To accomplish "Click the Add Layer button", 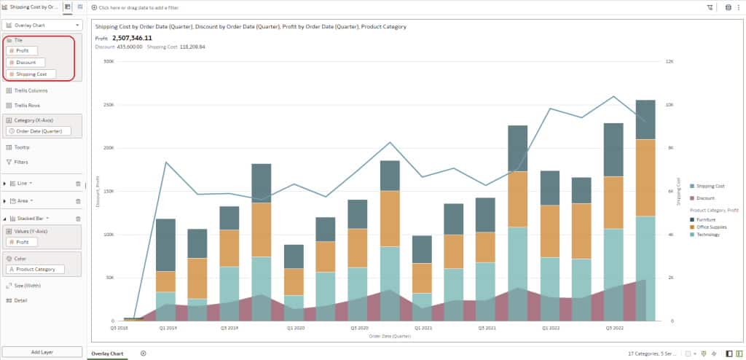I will tap(42, 352).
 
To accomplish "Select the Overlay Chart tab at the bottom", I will tap(106, 353).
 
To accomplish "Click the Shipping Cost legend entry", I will tap(710, 186).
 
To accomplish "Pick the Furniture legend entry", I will tap(705, 219).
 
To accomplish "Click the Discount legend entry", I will tap(705, 198).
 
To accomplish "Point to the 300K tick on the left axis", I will tap(109, 61).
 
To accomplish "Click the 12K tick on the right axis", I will tap(670, 61).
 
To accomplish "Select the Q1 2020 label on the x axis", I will tap(295, 328).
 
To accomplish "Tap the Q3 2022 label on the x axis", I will tap(614, 328).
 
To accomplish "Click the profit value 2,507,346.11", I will tap(132, 38).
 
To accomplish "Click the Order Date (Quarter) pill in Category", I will tap(40, 131).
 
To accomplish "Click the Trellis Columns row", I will tap(31, 90).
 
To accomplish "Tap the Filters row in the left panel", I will tap(21, 162).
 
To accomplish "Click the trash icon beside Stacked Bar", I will tap(78, 218).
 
